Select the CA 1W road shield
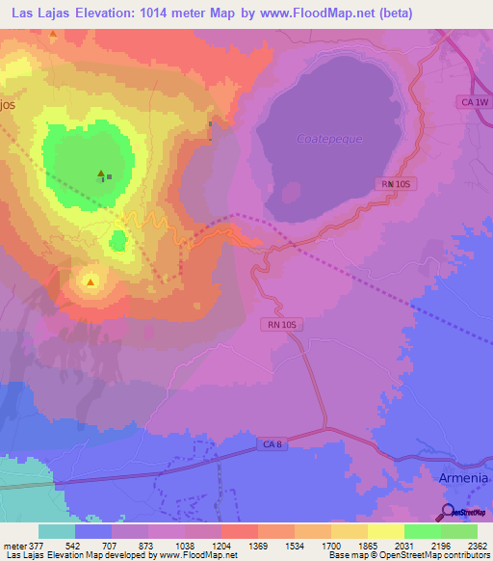[473, 101]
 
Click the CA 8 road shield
[273, 444]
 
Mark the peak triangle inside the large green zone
[100, 174]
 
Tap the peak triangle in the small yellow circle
[91, 282]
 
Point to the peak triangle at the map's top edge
[52, 36]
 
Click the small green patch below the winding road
[117, 241]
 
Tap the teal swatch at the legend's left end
[57, 531]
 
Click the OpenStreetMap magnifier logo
[448, 512]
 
